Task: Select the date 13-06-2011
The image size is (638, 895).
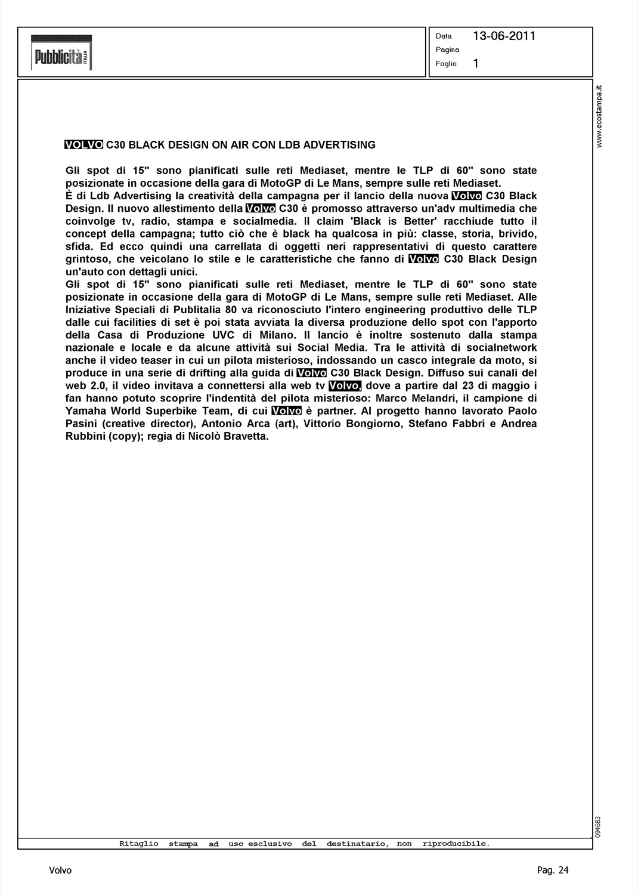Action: pos(504,36)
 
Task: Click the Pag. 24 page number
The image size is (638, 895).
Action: pos(553,870)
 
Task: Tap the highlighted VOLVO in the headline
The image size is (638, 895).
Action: pos(84,144)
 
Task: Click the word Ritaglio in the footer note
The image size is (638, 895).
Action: pos(139,844)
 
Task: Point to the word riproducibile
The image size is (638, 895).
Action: pos(456,844)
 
